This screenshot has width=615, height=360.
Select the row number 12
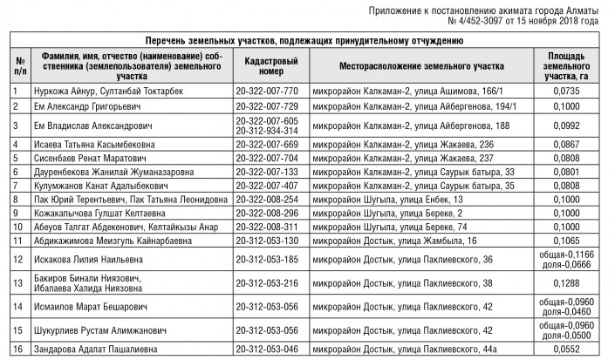pos(18,259)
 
